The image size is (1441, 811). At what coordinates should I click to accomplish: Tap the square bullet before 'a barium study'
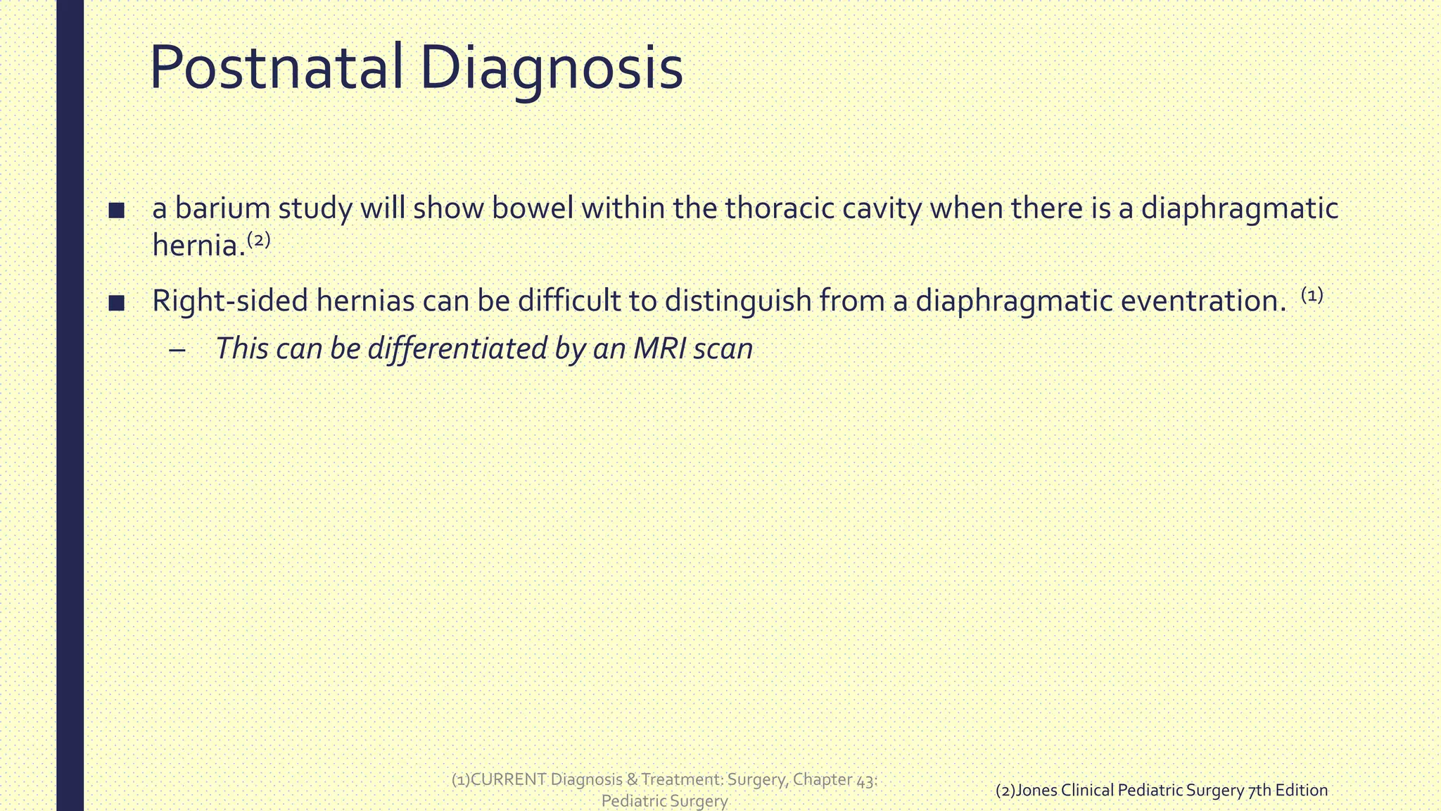[117, 210]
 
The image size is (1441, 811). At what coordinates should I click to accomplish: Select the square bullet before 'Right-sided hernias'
[117, 303]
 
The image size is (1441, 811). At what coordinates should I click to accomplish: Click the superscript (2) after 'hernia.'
[259, 240]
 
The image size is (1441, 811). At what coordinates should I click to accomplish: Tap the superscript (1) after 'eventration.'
[1312, 296]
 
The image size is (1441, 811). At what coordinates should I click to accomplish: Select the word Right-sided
[230, 301]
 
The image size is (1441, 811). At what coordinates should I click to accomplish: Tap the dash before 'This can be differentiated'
[178, 350]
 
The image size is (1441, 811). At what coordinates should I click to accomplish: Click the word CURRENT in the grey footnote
[508, 779]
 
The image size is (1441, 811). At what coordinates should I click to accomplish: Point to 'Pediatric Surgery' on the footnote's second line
[664, 801]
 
